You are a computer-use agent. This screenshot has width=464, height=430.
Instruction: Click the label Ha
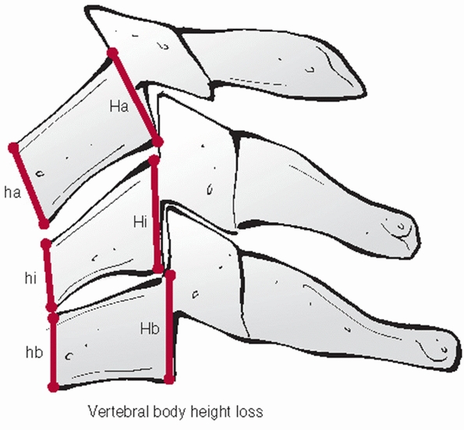tap(119, 106)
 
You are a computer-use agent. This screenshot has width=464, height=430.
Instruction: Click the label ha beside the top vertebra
tap(12, 193)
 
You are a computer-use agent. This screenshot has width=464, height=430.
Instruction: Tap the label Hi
tap(140, 222)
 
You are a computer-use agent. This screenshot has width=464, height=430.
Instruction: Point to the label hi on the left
tap(30, 279)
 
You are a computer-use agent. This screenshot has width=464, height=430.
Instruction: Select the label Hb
tap(150, 329)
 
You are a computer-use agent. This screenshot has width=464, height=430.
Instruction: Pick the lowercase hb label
tap(34, 353)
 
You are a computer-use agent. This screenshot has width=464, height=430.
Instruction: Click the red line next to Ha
tap(135, 98)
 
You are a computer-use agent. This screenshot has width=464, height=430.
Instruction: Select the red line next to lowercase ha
tap(29, 186)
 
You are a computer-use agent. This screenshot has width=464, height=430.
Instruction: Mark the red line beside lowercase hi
tap(49, 275)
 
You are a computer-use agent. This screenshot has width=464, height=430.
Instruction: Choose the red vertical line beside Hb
tap(169, 327)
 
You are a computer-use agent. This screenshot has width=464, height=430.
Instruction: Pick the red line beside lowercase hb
tap(54, 352)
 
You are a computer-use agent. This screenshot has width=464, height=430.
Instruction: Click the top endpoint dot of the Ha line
tap(113, 53)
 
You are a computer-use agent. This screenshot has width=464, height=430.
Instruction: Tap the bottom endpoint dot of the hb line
tap(54, 387)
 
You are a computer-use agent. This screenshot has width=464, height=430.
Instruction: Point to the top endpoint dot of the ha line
tap(14, 148)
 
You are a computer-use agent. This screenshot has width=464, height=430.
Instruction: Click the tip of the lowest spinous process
tap(459, 353)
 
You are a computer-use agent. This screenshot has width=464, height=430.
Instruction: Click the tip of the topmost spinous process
tap(366, 89)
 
